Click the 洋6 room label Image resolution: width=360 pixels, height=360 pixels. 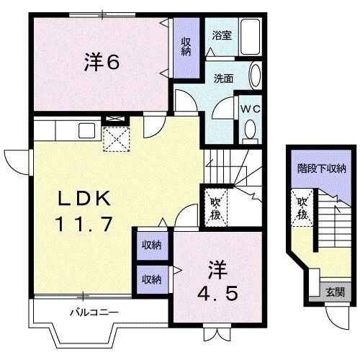pos(100,63)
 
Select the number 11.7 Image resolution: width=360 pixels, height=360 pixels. pos(83,223)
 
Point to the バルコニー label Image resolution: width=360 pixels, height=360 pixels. pos(94,312)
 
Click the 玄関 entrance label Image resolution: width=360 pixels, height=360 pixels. pos(335,292)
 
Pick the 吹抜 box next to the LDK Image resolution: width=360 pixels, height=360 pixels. pos(215,205)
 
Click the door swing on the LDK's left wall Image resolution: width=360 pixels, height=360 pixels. pos(16,159)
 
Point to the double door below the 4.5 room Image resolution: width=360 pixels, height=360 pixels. pos(215,333)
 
